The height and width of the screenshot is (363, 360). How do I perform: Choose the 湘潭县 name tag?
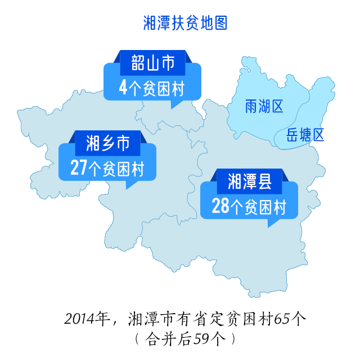[250, 182]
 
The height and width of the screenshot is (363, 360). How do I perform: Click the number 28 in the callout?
[220, 207]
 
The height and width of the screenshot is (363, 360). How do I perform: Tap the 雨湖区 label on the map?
[264, 106]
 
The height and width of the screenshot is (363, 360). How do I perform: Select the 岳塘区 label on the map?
[305, 135]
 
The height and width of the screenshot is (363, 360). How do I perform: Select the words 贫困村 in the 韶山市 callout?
[164, 88]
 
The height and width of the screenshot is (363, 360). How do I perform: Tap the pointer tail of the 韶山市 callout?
[175, 104]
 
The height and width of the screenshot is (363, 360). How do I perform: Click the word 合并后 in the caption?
[168, 339]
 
